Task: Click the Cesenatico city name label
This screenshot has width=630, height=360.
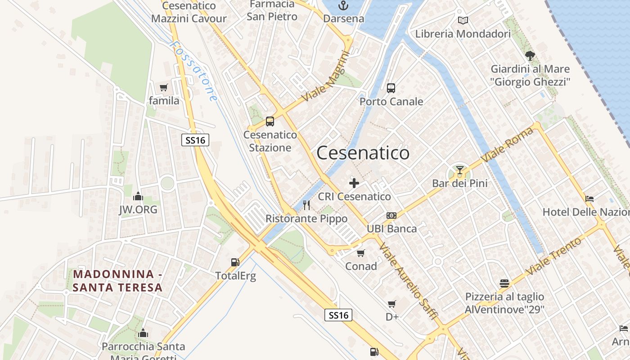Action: [x=363, y=153]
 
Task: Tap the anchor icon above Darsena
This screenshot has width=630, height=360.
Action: [x=343, y=6]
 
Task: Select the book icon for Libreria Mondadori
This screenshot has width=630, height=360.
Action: [x=463, y=20]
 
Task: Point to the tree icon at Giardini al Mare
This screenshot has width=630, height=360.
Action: [x=530, y=56]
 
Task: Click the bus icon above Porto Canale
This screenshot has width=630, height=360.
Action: [x=391, y=88]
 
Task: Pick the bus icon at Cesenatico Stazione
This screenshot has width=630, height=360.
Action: [x=270, y=121]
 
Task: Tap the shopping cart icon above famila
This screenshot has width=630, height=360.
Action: [x=164, y=87]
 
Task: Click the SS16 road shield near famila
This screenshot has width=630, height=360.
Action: [x=196, y=140]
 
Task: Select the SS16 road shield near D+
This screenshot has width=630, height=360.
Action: [x=338, y=315]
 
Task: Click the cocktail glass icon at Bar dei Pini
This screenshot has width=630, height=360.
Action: [x=459, y=170]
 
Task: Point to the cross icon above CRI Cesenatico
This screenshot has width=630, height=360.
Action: [x=354, y=183]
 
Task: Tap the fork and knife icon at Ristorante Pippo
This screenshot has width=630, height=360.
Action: [x=306, y=205]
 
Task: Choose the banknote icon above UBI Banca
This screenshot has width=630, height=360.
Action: [x=391, y=216]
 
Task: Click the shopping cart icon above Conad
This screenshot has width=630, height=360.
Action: [x=361, y=253]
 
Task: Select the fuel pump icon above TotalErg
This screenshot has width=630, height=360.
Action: [x=235, y=262]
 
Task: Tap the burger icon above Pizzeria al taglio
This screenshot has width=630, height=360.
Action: [x=504, y=283]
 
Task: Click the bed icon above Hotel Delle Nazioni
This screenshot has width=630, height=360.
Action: [x=589, y=198]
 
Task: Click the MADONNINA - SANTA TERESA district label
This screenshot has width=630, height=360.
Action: [x=117, y=281]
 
